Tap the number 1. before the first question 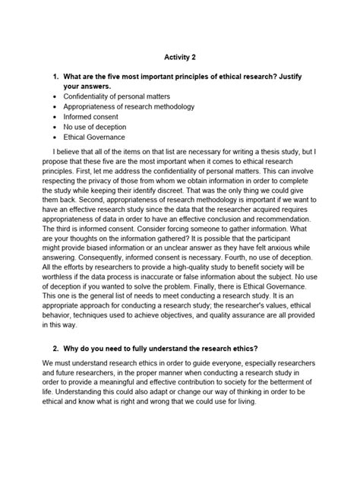[57, 77]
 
